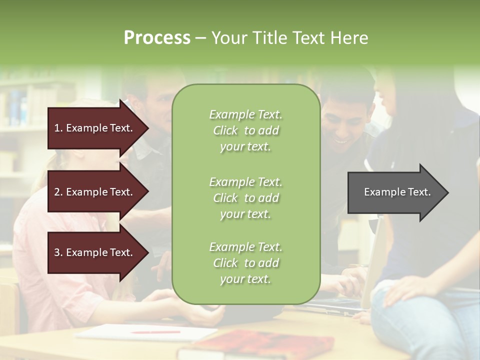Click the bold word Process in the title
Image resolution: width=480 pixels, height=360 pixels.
point(157,37)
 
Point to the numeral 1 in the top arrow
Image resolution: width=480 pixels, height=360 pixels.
point(56,128)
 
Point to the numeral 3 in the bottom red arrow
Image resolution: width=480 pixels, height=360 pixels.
point(57,252)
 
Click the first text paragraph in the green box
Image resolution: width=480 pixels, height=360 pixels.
point(245,130)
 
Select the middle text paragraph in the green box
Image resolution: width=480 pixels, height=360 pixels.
point(245,198)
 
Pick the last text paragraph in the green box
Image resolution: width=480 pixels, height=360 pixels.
point(245,263)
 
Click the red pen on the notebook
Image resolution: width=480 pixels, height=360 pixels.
point(155,331)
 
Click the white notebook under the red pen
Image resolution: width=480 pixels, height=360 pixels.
point(145,332)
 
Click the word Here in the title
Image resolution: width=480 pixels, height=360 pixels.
point(349,37)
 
